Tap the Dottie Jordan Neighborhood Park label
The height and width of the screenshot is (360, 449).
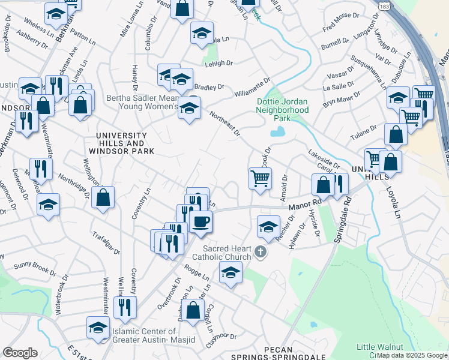coord(282,110)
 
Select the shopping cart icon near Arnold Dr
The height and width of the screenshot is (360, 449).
coord(260,178)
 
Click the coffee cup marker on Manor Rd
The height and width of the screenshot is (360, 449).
coord(200,221)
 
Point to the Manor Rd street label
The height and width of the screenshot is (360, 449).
coord(301,205)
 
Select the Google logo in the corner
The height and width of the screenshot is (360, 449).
coord(20,353)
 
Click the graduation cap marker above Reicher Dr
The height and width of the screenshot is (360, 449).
coord(268,226)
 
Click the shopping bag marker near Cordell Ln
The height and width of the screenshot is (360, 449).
coord(193,311)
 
